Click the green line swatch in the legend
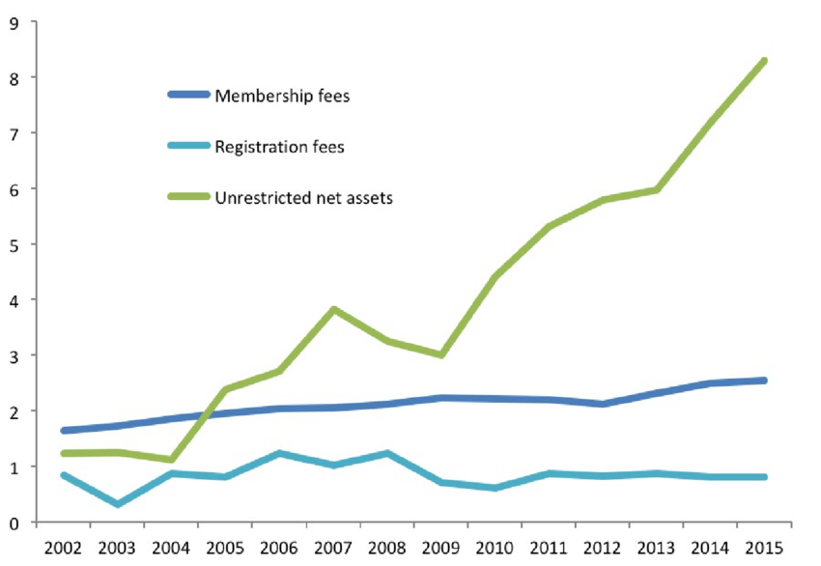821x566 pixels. click(187, 198)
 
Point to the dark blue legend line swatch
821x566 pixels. click(187, 95)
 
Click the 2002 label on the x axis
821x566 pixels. click(63, 548)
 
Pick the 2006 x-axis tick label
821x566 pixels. click(279, 548)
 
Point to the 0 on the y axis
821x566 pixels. click(14, 523)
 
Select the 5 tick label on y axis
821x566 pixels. click(14, 244)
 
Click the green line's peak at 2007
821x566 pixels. click(333, 309)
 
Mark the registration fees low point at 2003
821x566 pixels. click(117, 504)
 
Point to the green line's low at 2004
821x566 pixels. click(171, 460)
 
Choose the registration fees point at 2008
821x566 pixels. click(387, 453)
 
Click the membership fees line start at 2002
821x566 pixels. click(63, 431)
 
